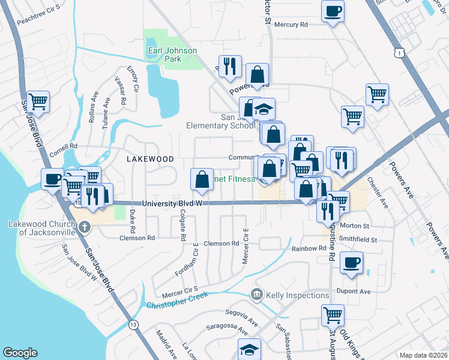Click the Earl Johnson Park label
(172, 55)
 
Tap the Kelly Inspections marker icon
(257, 295)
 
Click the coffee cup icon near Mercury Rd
(333, 11)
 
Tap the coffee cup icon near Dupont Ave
(351, 262)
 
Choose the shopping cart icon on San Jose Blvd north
(38, 101)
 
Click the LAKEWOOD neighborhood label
(150, 159)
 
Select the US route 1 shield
(399, 54)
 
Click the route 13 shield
(133, 325)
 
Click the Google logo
(20, 352)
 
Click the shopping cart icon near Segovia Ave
(333, 314)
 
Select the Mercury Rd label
(291, 25)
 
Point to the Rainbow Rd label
(309, 248)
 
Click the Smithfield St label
(358, 239)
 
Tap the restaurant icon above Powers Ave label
(229, 66)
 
